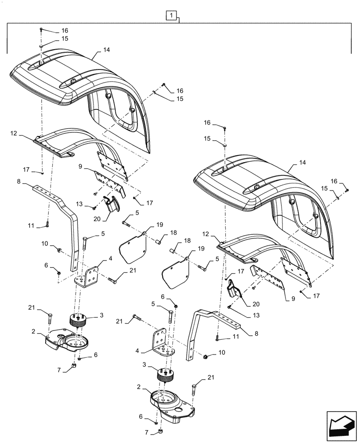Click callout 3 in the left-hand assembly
[102, 315]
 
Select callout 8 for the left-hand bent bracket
[31, 182]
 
